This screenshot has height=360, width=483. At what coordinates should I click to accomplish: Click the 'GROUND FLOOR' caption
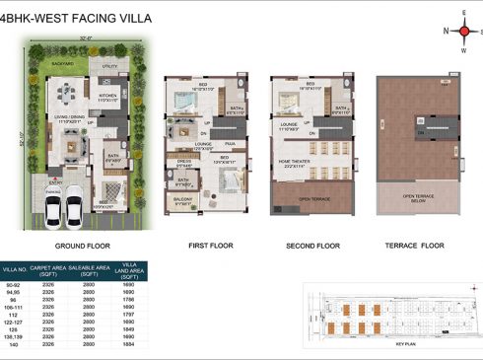coord(81,246)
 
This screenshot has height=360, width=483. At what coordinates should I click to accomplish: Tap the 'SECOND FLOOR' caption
coord(312,245)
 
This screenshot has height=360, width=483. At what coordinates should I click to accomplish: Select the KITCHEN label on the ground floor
coord(108,97)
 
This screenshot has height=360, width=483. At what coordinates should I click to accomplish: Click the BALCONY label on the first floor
coord(182,200)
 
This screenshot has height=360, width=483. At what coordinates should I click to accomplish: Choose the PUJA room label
coord(230,142)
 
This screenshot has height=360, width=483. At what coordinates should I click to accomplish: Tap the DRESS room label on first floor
coord(183,164)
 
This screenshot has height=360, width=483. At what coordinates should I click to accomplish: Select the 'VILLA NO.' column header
coord(15,269)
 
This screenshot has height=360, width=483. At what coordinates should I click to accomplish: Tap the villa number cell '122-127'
coord(15,320)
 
